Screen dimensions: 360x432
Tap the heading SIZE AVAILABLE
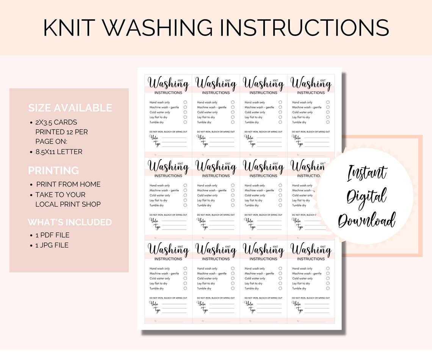[70, 108]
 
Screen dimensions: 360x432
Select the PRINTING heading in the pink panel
[53, 171]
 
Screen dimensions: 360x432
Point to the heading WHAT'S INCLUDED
[70, 222]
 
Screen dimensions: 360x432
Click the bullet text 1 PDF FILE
[52, 235]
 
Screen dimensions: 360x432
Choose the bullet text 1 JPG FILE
[52, 245]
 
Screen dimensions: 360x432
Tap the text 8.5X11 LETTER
[59, 152]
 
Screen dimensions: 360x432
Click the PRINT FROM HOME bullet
[68, 184]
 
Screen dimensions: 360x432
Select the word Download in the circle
[366, 220]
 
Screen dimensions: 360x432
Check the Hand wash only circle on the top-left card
[185, 102]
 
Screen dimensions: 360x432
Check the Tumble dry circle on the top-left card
[185, 122]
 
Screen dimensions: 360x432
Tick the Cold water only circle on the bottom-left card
[185, 279]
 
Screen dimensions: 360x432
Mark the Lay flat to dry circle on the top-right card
[328, 117]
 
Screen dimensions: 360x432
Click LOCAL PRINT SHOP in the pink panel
[68, 204]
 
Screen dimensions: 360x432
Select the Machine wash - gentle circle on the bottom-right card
[328, 273]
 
